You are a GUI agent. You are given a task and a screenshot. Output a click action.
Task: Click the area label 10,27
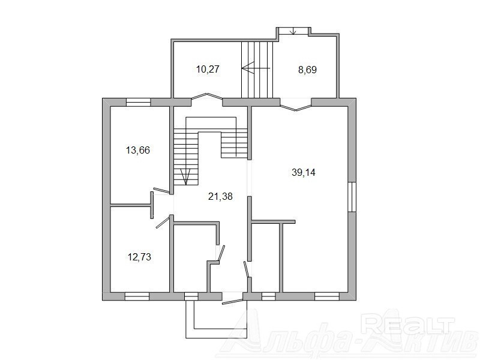coord(208,69)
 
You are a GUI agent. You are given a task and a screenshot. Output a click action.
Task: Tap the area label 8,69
coord(307,70)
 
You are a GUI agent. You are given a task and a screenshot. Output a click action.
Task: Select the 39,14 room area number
coord(304,173)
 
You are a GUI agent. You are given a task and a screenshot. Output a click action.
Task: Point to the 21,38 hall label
coord(220,196)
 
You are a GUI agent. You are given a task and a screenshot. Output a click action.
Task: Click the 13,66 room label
coord(138,151)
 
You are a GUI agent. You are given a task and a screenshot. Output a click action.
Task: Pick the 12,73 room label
coord(139,257)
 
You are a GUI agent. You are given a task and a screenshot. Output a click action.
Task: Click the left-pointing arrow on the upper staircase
coord(256,68)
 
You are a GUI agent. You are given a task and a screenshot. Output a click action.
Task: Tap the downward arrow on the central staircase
coord(186,176)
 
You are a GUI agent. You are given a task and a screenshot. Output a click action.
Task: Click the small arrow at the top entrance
coord(293,31)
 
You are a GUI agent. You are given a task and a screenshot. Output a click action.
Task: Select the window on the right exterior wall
coord(352,197)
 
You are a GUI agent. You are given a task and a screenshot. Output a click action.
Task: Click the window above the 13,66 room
coord(139,102)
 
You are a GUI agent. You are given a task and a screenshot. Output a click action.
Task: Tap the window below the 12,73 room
coord(137,296)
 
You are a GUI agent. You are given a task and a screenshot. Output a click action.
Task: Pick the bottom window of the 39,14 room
coord(327,296)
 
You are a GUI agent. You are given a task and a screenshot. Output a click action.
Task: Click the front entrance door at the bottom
coord(233,302)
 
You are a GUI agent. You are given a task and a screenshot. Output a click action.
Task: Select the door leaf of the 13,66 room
coord(161,190)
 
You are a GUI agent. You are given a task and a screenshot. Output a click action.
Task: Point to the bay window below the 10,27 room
coord(207,96)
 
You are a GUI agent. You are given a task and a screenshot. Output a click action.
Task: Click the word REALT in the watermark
coord(407,325)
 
